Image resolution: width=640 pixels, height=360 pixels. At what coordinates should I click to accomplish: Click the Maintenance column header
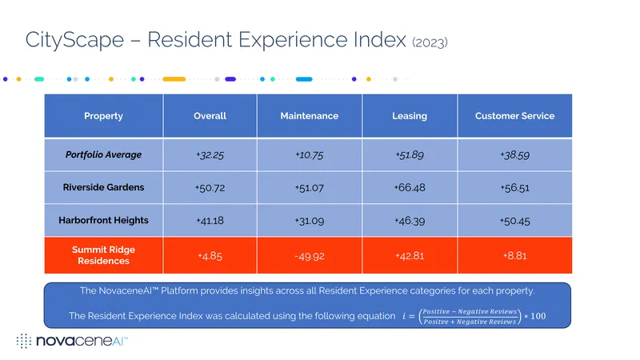click(x=309, y=116)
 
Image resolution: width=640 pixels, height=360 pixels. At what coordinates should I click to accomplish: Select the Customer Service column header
click(x=514, y=116)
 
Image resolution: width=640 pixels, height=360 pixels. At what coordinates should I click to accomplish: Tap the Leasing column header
click(x=410, y=116)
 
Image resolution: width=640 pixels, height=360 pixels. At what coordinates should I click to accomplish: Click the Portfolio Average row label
click(x=103, y=154)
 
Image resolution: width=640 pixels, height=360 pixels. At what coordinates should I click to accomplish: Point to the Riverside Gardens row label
click(x=103, y=187)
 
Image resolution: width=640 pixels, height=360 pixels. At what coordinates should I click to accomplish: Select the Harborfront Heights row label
click(x=103, y=221)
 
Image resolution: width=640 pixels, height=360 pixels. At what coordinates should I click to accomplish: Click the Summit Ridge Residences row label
click(x=103, y=255)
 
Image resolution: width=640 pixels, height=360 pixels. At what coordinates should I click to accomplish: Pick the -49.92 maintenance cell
click(x=310, y=256)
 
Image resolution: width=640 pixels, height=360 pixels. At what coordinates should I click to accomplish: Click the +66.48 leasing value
click(x=410, y=187)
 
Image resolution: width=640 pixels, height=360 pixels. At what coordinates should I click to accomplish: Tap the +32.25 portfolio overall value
click(x=210, y=155)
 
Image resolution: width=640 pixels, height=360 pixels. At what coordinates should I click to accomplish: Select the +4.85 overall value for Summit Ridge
click(x=210, y=256)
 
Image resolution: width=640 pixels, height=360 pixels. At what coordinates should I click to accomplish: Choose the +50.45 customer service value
click(x=514, y=221)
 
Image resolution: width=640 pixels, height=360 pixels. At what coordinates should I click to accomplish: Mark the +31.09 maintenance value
click(x=310, y=221)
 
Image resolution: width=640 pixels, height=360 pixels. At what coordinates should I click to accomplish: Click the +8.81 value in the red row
click(x=514, y=255)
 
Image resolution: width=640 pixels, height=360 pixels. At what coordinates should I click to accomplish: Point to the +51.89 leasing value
click(x=410, y=155)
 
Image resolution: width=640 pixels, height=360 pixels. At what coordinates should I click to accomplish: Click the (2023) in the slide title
click(x=430, y=42)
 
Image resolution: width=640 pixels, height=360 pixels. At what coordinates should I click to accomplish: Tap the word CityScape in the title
click(x=74, y=40)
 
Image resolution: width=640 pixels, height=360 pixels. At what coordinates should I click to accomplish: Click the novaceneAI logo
click(x=72, y=341)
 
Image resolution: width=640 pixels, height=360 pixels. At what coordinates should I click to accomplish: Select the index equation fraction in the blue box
click(x=470, y=316)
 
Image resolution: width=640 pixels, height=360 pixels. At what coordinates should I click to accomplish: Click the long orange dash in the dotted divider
click(x=174, y=79)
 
